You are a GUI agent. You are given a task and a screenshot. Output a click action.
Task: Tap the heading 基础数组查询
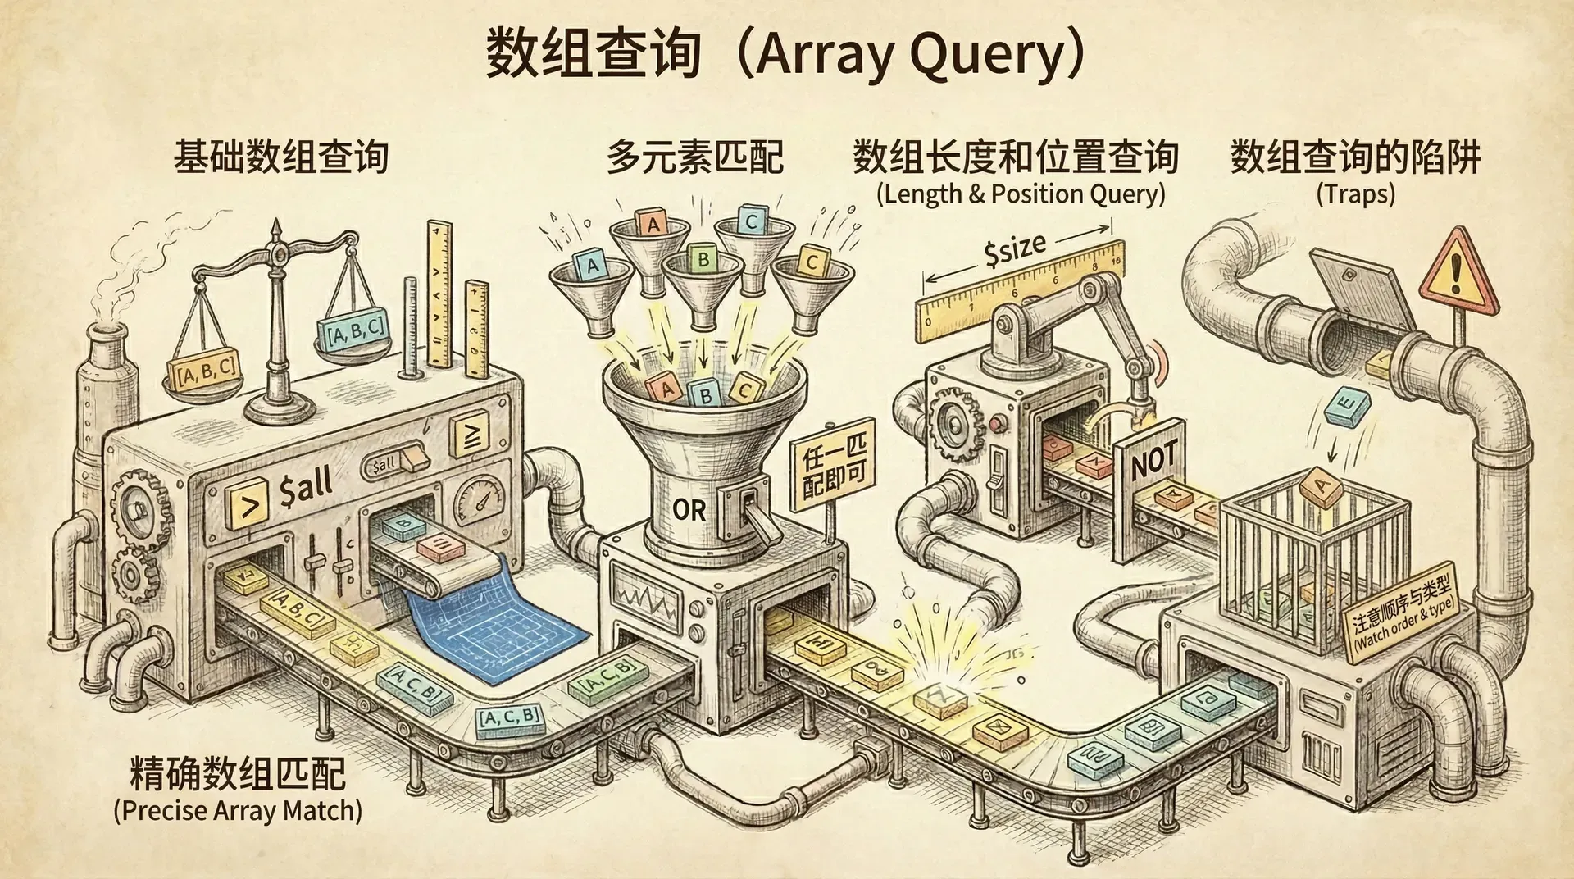pyautogui.click(x=280, y=157)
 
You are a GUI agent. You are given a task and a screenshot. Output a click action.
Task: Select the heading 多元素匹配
pyautogui.click(x=694, y=157)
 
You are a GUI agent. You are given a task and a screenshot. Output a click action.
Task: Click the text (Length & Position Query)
pyautogui.click(x=1020, y=194)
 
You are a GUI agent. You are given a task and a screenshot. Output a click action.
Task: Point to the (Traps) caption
pyautogui.click(x=1355, y=194)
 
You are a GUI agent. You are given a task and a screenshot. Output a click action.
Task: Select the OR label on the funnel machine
pyautogui.click(x=689, y=511)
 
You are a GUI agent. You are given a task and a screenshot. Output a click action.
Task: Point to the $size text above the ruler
pyautogui.click(x=1015, y=249)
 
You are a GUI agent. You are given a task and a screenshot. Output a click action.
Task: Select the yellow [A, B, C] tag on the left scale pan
pyautogui.click(x=206, y=371)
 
